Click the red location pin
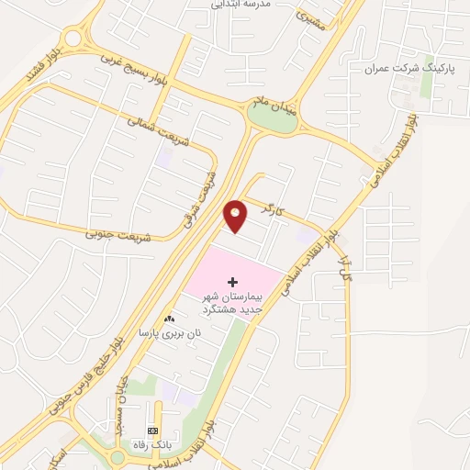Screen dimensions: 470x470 pos(236,215)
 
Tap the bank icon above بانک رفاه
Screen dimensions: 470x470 pos(152,431)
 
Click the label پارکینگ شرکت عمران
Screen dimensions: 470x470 pos(397,69)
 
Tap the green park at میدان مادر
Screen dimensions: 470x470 pos(272,118)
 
